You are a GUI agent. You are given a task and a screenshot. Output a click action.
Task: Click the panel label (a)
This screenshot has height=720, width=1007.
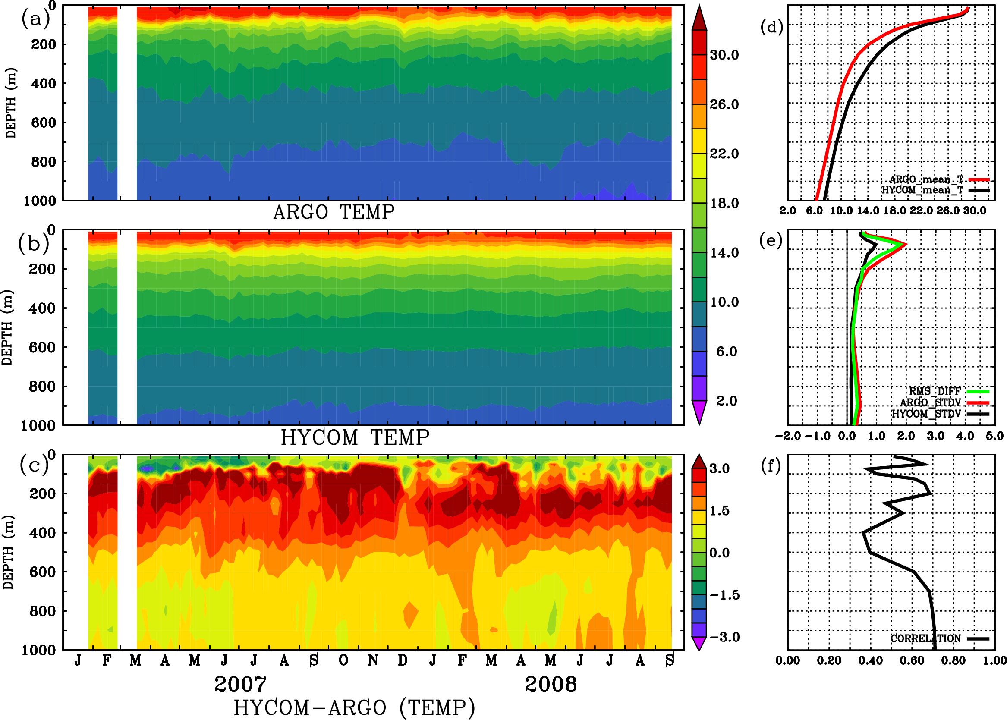pyautogui.click(x=35, y=19)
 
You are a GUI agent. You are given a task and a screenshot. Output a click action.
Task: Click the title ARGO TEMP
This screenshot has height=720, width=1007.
pyautogui.click(x=334, y=212)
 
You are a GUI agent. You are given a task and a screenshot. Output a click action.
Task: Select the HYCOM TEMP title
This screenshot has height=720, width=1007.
pyautogui.click(x=355, y=437)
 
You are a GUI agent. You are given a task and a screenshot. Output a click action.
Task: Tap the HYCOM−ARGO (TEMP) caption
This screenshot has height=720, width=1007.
pyautogui.click(x=354, y=707)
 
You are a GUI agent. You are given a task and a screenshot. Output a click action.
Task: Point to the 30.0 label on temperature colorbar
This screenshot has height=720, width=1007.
pyautogui.click(x=724, y=55)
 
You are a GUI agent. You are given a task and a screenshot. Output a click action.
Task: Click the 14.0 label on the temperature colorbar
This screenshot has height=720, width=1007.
pyautogui.click(x=724, y=253)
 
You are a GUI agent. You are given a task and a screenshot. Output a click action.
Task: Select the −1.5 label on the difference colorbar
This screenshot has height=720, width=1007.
pyautogui.click(x=724, y=595)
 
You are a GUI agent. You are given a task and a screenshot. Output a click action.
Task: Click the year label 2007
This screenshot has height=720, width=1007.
pyautogui.click(x=240, y=684)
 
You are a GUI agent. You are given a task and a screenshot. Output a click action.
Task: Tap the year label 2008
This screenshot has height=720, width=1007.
pyautogui.click(x=550, y=684)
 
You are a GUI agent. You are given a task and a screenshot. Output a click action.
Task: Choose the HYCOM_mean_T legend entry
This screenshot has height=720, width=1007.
pyautogui.click(x=922, y=190)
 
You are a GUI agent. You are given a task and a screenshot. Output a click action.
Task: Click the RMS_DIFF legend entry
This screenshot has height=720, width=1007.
pyautogui.click(x=935, y=391)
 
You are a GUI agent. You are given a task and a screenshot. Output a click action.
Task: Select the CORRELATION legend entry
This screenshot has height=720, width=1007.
pyautogui.click(x=925, y=638)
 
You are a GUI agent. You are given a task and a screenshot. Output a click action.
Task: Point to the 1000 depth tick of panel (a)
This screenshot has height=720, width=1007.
pyautogui.click(x=40, y=201)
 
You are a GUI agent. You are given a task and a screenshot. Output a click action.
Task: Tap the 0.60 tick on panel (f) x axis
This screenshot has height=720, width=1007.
pyautogui.click(x=912, y=660)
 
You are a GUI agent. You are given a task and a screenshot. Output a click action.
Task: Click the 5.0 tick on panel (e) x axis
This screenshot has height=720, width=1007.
pyautogui.click(x=994, y=436)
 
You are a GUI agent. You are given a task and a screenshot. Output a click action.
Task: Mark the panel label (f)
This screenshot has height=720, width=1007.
pyautogui.click(x=771, y=466)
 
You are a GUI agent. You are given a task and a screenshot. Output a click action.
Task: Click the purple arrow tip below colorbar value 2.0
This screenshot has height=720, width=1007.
pyautogui.click(x=699, y=415)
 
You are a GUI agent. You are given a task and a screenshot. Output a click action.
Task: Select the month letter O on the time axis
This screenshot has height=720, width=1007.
pyautogui.click(x=343, y=660)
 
